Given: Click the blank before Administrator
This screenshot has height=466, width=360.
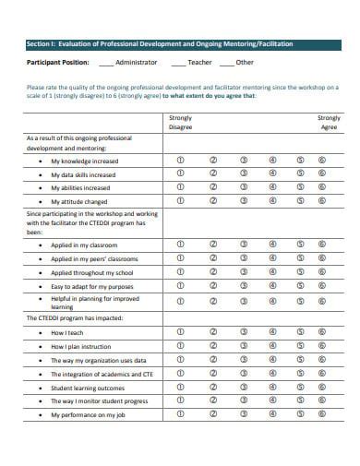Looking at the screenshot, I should click(106, 63).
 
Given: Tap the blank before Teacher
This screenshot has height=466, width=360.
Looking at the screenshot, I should click(176, 63).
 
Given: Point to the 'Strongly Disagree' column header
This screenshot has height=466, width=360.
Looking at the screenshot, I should click(180, 124).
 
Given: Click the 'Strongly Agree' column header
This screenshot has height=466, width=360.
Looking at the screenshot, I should click(328, 124).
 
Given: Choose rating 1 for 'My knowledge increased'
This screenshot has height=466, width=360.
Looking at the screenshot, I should click(180, 159).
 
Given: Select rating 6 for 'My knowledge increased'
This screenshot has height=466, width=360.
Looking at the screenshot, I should click(321, 159).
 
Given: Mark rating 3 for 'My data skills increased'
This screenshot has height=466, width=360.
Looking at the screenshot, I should click(243, 173).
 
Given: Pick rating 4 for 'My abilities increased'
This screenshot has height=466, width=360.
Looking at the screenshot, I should click(272, 186).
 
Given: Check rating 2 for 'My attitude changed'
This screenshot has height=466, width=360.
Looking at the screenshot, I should click(212, 200).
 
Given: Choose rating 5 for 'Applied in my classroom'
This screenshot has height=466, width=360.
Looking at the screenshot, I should click(300, 245).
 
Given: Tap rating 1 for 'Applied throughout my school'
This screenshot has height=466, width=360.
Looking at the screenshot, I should click(180, 272).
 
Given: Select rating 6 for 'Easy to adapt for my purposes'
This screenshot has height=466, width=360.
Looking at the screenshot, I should click(321, 286).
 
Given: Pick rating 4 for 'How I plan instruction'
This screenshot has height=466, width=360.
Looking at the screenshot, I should click(272, 345).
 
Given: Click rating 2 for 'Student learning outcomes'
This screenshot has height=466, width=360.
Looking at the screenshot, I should click(212, 388).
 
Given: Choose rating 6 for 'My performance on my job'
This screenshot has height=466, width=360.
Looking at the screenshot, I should click(321, 415).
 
